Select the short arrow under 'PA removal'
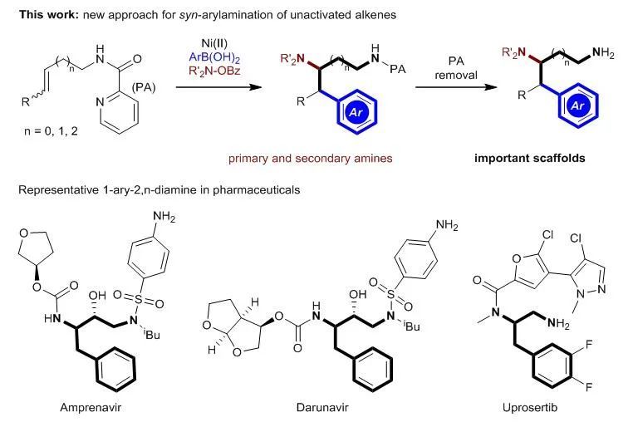455,83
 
